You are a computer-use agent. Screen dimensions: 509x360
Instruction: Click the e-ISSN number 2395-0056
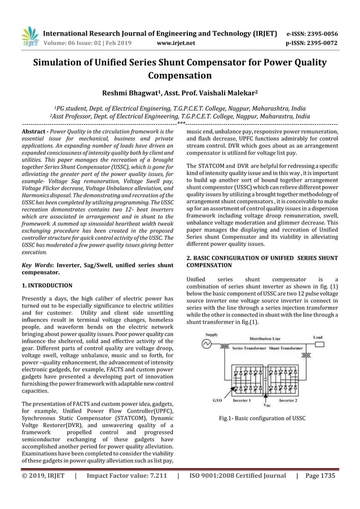(321, 33)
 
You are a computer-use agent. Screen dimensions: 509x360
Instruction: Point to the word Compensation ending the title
(180, 75)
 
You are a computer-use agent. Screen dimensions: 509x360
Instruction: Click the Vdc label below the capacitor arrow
(267, 404)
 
